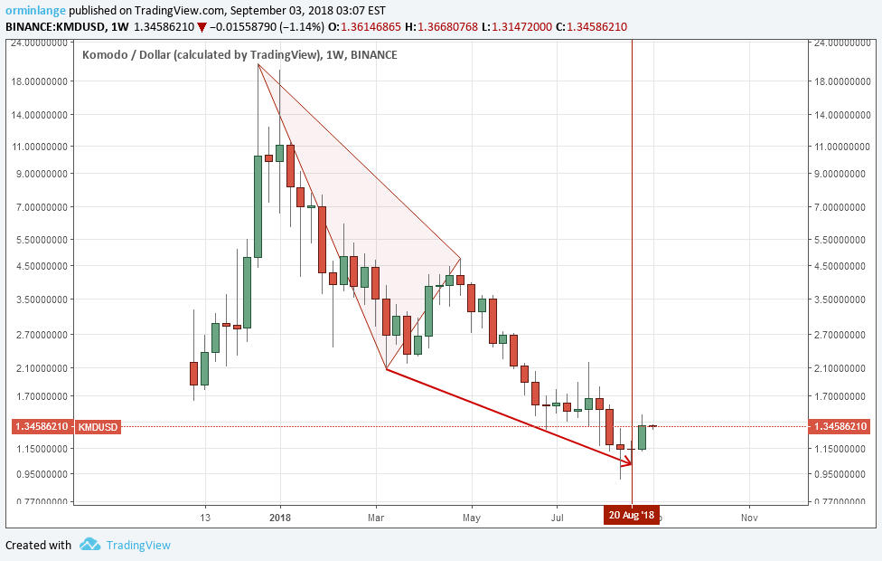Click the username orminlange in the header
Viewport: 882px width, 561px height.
[35, 10]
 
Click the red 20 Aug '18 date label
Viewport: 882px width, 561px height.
[632, 515]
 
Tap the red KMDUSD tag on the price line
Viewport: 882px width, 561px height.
[98, 427]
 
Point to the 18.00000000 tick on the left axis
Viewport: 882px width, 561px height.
[40, 81]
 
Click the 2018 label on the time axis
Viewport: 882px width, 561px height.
[280, 517]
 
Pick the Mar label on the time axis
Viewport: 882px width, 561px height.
[376, 517]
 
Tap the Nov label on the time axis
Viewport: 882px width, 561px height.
[749, 517]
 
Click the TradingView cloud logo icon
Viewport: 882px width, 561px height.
[90, 545]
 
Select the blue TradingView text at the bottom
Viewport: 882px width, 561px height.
[138, 546]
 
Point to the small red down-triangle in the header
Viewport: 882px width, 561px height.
[201, 27]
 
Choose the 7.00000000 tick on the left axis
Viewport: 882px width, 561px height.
[40, 206]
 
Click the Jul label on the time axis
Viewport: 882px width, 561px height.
[557, 517]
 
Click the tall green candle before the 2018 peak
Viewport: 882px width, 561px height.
[258, 206]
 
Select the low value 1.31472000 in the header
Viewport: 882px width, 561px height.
[522, 27]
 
